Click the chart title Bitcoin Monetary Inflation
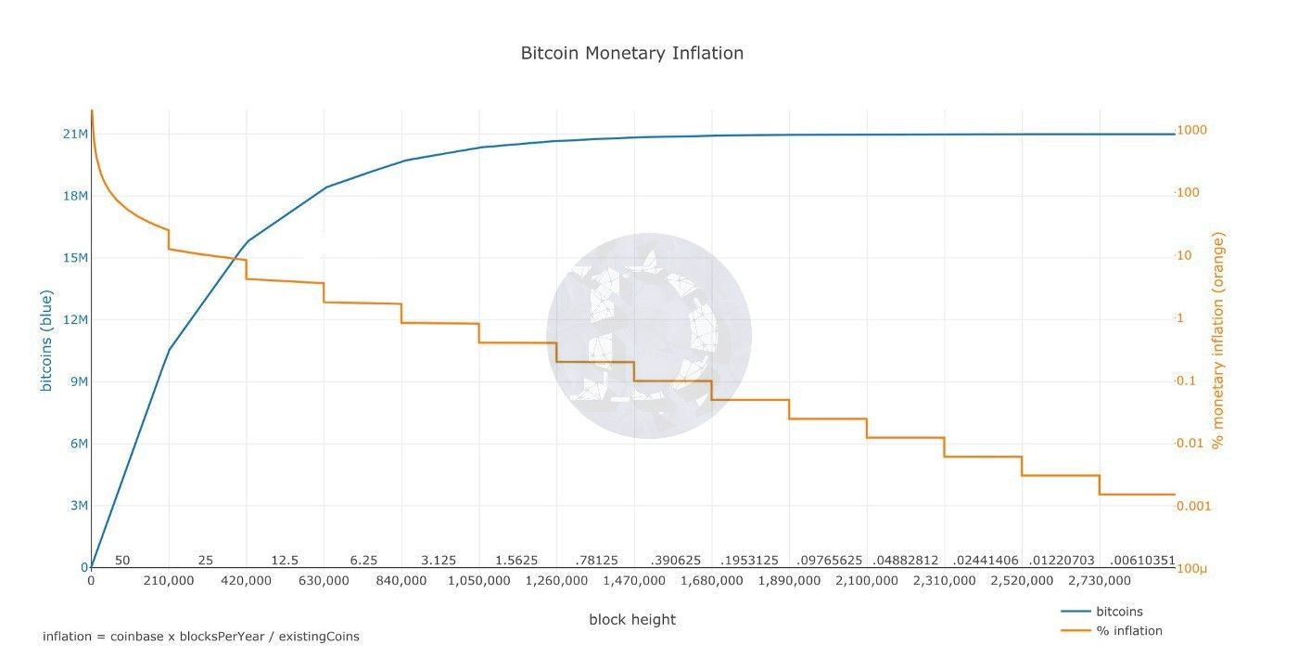click(631, 53)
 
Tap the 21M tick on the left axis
click(75, 135)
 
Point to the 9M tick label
click(76, 381)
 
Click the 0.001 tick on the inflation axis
click(1194, 506)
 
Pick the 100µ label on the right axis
click(1190, 568)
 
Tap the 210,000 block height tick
click(169, 581)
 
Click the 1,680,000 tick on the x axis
click(711, 581)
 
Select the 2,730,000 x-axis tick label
click(1099, 581)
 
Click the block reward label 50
click(122, 561)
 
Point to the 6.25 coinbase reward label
click(363, 561)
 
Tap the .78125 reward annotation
click(596, 561)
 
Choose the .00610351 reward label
click(1142, 561)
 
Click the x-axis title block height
click(631, 620)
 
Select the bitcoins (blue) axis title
click(46, 341)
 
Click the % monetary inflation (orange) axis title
click(1218, 341)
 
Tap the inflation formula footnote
click(200, 637)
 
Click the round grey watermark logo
click(648, 336)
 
